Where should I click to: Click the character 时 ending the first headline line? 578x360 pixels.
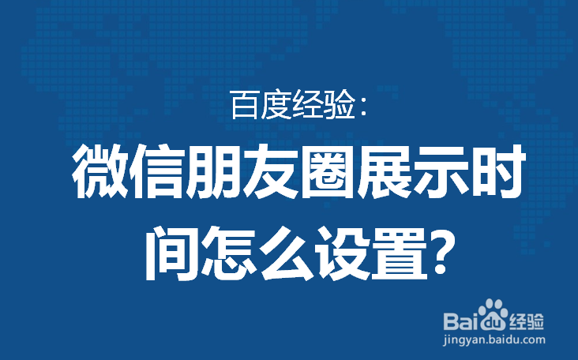point(497,171)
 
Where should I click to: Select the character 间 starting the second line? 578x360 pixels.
point(171,253)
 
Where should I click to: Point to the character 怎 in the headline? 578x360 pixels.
point(227,253)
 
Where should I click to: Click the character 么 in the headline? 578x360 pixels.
point(284,253)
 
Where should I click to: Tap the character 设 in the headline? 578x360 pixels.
point(341,253)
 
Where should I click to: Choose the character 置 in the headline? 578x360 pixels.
point(398,253)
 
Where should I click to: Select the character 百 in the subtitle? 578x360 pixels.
point(245,105)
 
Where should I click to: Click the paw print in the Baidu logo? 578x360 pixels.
point(493,314)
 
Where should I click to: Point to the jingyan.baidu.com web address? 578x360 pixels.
point(494,339)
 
